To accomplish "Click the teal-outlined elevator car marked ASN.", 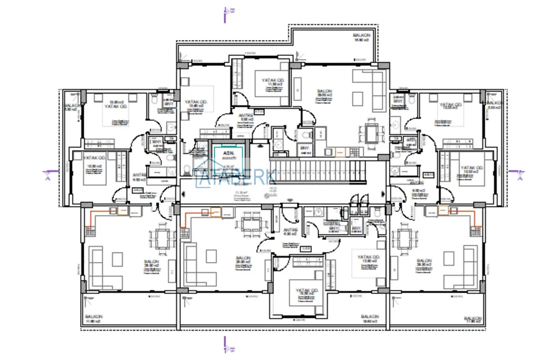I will pyautogui.click(x=227, y=156).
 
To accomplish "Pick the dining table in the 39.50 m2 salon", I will pyautogui.click(x=370, y=134).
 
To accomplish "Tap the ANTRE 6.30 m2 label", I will pyautogui.click(x=291, y=232).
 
